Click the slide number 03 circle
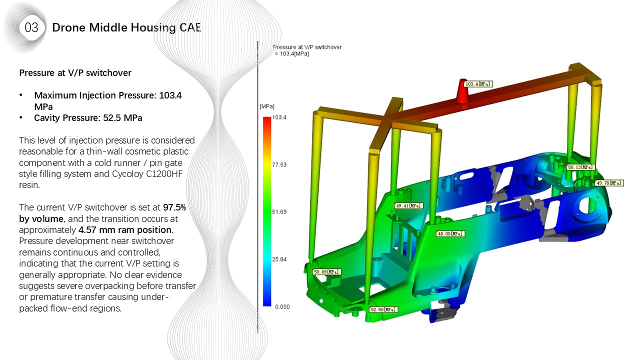[31, 27]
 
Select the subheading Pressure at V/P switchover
[75, 73]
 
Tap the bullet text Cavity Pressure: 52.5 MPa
[88, 118]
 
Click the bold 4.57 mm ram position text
[125, 230]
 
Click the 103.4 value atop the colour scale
[280, 117]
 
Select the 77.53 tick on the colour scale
[280, 164]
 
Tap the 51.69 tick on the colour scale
[280, 212]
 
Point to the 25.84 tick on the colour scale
[280, 259]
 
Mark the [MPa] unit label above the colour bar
[267, 106]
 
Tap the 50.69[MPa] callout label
[326, 272]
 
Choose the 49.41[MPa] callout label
[408, 205]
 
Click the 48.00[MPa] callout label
[450, 233]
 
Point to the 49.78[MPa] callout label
[609, 183]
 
